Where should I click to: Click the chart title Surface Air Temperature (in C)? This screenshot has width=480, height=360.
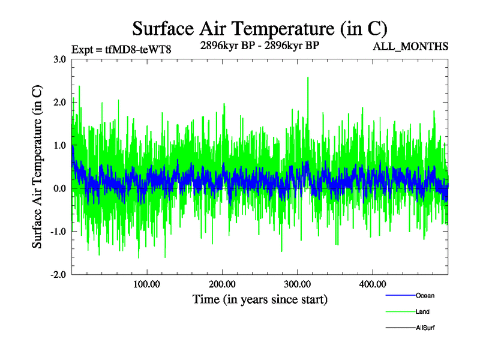260,29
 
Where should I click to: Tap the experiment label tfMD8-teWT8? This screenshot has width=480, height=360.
122,49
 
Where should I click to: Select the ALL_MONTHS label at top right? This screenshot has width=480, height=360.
411,46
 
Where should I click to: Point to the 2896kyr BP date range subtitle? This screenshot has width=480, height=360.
260,44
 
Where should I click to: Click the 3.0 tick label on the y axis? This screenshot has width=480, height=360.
59,59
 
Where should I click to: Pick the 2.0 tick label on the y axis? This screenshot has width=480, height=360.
59,102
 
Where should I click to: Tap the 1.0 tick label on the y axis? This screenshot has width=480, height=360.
59,145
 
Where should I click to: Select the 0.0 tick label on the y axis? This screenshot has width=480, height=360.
59,188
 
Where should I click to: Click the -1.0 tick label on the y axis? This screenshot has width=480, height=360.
58,232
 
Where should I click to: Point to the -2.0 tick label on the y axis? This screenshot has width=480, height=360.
58,275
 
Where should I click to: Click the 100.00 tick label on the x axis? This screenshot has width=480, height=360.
146,284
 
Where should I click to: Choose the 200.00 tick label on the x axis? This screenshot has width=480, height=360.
222,284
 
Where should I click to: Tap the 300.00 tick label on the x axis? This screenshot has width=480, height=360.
297,284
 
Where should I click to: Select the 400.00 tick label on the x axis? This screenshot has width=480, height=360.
373,284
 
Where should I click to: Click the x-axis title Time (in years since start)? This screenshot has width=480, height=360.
260,298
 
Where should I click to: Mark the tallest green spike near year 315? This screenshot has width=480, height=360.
308,78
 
